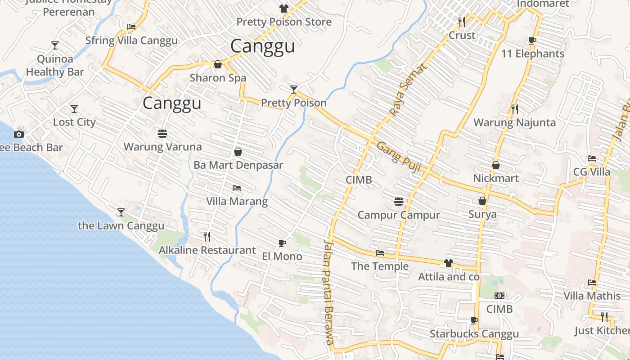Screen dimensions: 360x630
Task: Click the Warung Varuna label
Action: click(x=162, y=147)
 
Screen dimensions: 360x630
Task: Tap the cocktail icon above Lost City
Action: click(x=74, y=108)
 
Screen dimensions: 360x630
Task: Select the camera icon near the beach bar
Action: click(x=18, y=134)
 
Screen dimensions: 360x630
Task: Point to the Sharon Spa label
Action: click(x=218, y=78)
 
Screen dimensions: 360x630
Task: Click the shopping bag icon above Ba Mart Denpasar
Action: click(x=238, y=152)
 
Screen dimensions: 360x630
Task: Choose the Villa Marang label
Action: click(x=237, y=201)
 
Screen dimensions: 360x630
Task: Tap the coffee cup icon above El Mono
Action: click(x=282, y=243)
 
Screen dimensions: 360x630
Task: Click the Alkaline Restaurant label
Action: click(x=207, y=250)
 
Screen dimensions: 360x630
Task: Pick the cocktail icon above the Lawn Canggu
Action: click(x=121, y=212)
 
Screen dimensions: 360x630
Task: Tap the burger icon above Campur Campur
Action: click(x=398, y=201)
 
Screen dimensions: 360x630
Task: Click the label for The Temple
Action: click(x=380, y=266)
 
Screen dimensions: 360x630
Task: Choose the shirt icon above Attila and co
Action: click(x=448, y=263)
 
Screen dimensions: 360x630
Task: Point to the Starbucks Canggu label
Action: click(x=474, y=334)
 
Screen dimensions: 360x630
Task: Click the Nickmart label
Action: click(x=496, y=178)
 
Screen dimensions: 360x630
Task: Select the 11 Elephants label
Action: click(x=533, y=54)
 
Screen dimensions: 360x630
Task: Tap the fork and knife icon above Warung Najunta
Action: click(x=515, y=109)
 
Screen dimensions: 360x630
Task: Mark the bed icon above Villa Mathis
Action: click(x=592, y=283)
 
